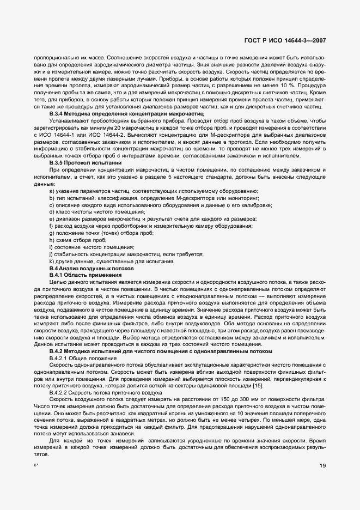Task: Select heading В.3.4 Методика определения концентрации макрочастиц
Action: pos(126,113)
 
